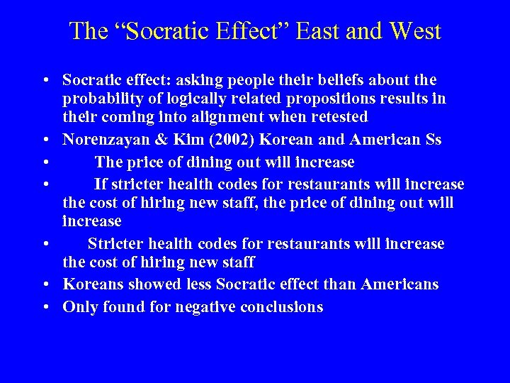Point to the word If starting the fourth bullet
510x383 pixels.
tap(100, 185)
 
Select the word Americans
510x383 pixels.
tap(399, 284)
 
